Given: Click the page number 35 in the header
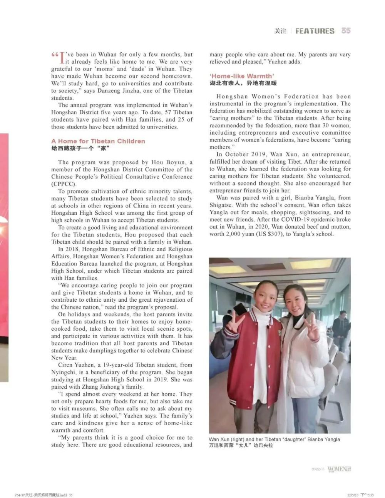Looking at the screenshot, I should tap(346, 31).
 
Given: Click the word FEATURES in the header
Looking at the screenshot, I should tap(315, 31).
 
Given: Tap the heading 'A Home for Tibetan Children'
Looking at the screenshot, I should tap(98, 141).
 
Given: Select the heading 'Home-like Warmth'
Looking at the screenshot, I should tap(242, 76).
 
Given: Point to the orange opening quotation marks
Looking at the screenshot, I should tap(55, 55).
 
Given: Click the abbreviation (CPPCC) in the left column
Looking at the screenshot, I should tap(64, 184).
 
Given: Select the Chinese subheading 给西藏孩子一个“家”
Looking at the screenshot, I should tap(81, 148).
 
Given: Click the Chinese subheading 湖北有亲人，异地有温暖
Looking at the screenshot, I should tap(243, 83).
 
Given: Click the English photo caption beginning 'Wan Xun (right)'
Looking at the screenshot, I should tap(274, 439).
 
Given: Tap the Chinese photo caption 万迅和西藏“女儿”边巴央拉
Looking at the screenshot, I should tap(241, 446).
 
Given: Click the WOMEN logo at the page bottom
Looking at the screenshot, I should tap(339, 469).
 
